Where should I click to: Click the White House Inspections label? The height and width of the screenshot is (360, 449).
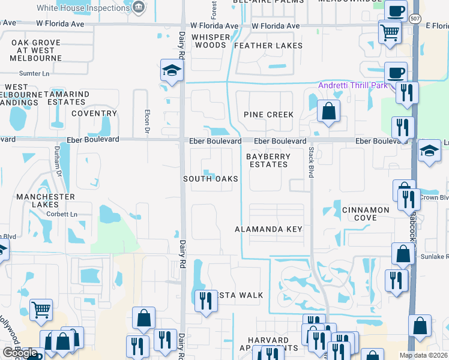coord(91,8)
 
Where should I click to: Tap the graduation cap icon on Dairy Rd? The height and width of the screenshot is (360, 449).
coord(171,70)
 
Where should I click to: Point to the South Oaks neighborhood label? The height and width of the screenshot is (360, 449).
coord(211,179)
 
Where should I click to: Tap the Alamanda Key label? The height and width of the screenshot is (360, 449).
coord(268,229)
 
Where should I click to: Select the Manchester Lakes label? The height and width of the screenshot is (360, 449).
coord(46,201)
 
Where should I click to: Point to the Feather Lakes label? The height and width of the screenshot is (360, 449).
coord(268,46)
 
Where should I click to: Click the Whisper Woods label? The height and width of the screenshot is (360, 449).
coord(211,41)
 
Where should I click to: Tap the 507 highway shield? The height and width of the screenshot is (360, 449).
coord(415,18)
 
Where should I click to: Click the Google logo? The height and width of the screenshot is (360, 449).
coord(20,353)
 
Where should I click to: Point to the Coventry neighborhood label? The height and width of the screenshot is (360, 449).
coord(94,113)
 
